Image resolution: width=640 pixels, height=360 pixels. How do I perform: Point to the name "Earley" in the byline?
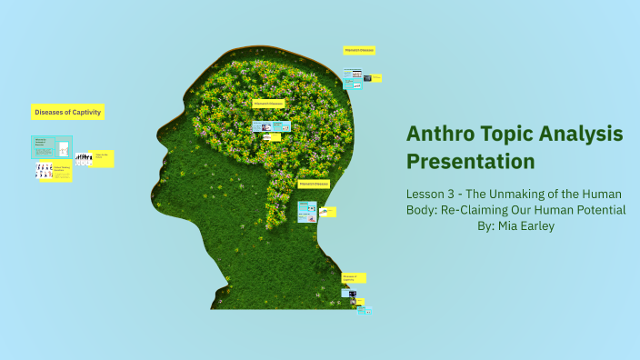(538, 225)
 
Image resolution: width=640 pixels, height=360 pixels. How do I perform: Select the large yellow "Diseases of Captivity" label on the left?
(68, 112)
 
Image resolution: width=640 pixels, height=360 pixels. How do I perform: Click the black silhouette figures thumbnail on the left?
(84, 159)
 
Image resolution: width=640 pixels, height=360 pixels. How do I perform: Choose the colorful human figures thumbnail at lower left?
(44, 170)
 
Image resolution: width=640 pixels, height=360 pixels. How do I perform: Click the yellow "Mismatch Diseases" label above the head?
(359, 50)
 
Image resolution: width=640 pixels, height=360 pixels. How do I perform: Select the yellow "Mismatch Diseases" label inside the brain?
(269, 104)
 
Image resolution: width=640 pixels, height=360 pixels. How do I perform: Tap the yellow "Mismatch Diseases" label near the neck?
(314, 184)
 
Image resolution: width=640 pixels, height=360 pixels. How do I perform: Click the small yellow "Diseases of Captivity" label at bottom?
(354, 277)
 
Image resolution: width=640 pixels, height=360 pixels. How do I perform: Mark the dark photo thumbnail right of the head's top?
(367, 78)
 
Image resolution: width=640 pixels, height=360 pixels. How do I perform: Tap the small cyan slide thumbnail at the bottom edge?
(365, 310)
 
